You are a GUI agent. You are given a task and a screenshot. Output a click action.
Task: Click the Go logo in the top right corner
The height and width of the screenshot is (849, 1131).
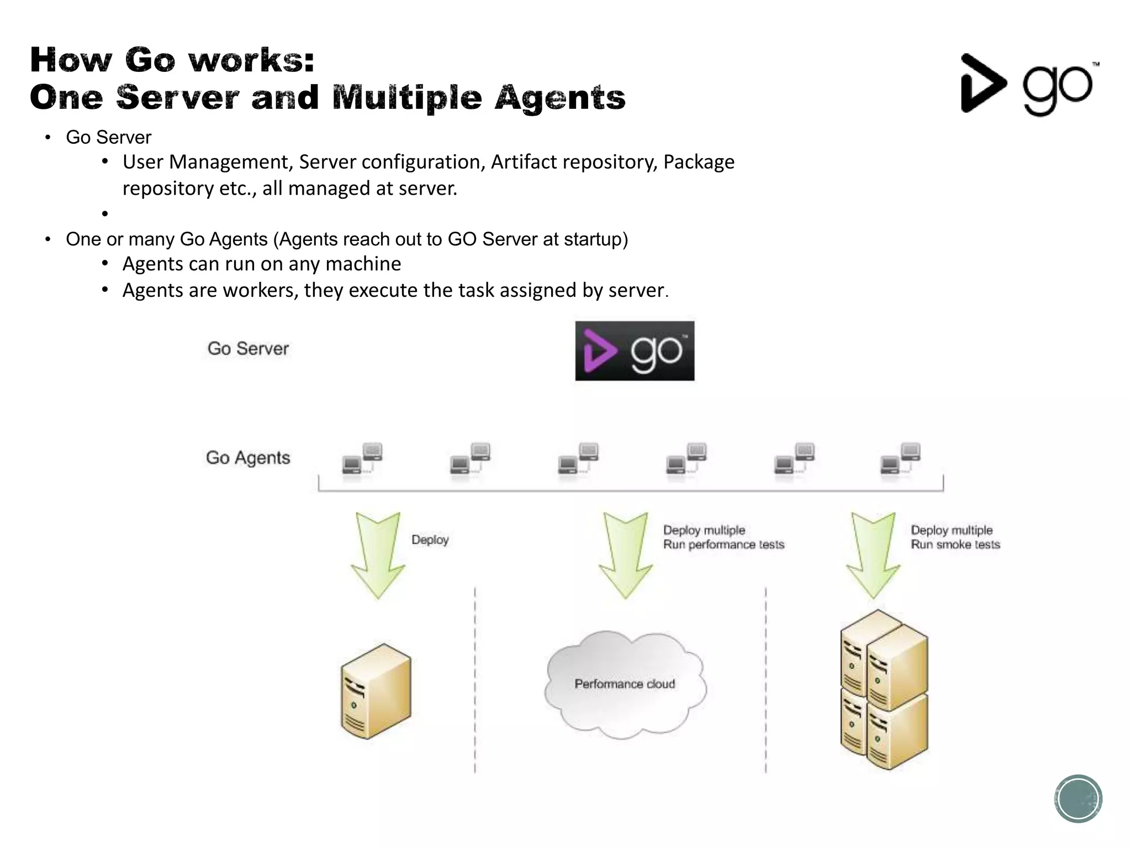point(1028,85)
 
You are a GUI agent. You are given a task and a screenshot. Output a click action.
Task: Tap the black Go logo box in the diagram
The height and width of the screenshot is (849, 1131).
point(635,351)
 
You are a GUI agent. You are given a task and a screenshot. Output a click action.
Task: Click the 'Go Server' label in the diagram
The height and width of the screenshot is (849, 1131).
point(248,349)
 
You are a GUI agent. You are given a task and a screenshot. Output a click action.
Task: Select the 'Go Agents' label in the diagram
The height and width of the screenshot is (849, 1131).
point(248,458)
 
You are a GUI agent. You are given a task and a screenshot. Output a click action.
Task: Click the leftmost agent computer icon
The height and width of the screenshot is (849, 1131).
point(362,459)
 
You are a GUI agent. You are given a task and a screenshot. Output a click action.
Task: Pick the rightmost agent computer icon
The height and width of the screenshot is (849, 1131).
point(900,459)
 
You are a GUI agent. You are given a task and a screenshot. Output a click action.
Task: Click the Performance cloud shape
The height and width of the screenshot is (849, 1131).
point(625,684)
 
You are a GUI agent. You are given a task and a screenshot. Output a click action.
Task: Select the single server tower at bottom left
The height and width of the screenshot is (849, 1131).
point(376,691)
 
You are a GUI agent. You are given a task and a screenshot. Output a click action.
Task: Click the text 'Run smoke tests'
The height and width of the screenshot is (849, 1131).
point(955,545)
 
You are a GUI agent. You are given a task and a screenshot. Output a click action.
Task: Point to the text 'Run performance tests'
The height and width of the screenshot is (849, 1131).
point(723,545)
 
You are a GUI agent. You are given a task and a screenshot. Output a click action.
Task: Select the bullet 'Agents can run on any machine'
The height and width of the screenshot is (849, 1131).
point(261,264)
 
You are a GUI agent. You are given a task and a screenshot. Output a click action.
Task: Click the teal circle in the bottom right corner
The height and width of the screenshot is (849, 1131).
point(1078,799)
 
